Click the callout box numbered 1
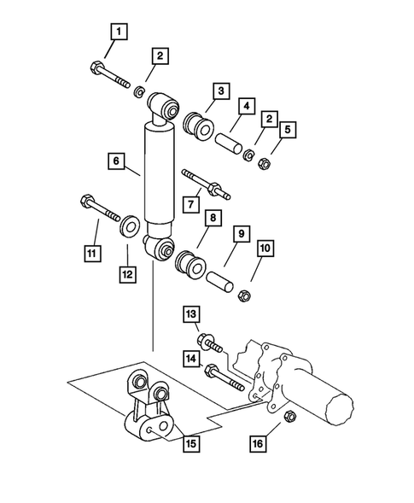(119, 34)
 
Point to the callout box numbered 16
(258, 445)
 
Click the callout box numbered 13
(192, 315)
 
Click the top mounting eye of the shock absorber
(165, 108)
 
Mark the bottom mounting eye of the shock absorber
(160, 249)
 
